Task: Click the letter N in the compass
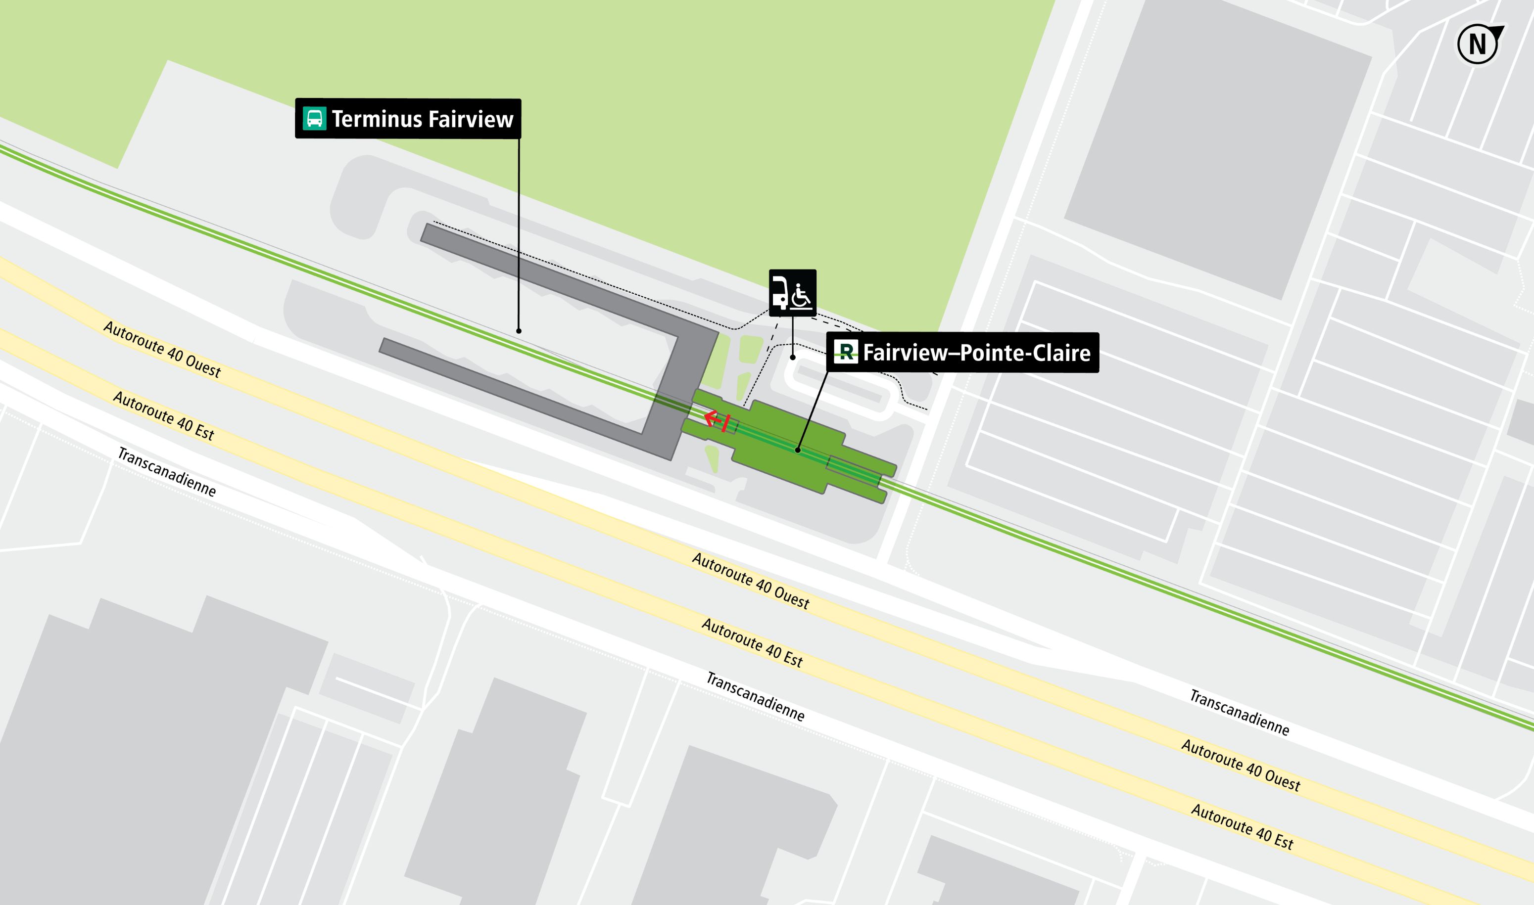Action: tap(1477, 45)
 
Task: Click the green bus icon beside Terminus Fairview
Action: tap(314, 118)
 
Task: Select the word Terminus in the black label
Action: tap(369, 119)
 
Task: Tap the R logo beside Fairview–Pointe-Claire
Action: tap(846, 352)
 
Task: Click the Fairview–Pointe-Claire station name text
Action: tap(976, 353)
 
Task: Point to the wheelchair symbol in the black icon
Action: tap(801, 295)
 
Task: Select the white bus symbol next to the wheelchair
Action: tap(780, 293)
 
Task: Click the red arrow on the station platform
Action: tap(712, 418)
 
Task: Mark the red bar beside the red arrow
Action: tap(725, 423)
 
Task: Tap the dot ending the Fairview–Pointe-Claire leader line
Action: tap(798, 450)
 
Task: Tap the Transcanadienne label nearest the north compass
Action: tap(1239, 712)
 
